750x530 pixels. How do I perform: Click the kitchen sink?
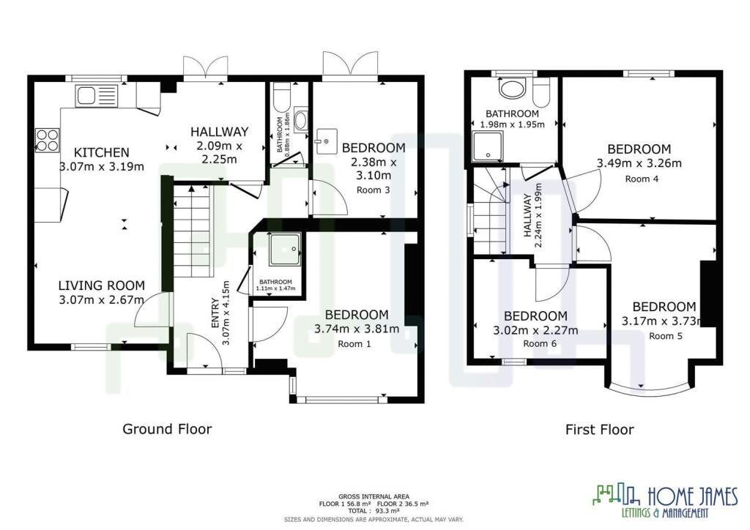(96, 96)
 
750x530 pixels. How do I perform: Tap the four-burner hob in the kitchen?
(48, 140)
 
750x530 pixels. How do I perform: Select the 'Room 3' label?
(373, 190)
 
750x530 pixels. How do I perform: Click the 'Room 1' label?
(354, 343)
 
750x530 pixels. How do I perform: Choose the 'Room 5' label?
(665, 336)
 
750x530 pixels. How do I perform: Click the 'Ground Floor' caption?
(167, 429)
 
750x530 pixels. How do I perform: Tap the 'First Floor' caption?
(599, 430)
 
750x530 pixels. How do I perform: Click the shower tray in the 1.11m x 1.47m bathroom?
(285, 250)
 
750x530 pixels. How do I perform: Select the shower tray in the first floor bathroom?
(487, 146)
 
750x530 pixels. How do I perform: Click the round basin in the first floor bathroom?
(512, 89)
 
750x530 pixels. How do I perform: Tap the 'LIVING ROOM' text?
(101, 285)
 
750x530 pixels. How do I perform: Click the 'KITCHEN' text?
(101, 152)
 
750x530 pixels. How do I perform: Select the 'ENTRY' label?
(215, 313)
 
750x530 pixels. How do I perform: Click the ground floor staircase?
(192, 231)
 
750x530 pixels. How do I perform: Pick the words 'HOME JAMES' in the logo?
(693, 496)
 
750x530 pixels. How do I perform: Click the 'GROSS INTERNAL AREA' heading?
(374, 496)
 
